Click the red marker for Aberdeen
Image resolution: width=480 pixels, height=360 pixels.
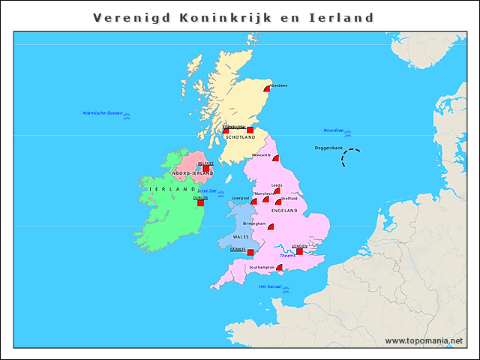click(268, 89)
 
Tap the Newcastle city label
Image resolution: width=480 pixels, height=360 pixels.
click(261, 154)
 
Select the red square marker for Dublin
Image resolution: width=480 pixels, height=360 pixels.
click(200, 202)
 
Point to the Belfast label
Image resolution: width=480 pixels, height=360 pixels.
click(205, 163)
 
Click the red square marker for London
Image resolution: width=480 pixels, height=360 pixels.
click(299, 251)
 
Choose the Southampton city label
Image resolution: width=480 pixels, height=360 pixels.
click(256, 267)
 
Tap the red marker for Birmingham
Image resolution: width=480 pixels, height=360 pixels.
click(271, 226)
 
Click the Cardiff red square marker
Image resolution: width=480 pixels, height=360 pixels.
click(250, 253)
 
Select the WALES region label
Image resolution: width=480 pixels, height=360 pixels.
click(241, 236)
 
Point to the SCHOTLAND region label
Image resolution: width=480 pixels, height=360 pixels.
click(240, 137)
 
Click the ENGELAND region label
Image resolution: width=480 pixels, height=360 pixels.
click(284, 211)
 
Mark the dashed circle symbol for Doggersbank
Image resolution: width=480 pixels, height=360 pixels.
click(350, 158)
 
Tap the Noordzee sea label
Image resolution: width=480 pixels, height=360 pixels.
click(333, 130)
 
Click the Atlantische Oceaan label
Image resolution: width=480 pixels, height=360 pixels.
click(102, 112)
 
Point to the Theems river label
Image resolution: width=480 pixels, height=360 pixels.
click(287, 256)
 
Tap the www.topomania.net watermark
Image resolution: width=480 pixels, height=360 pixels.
click(424, 340)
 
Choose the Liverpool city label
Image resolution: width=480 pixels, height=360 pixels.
click(240, 198)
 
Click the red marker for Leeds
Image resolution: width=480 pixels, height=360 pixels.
click(277, 190)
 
